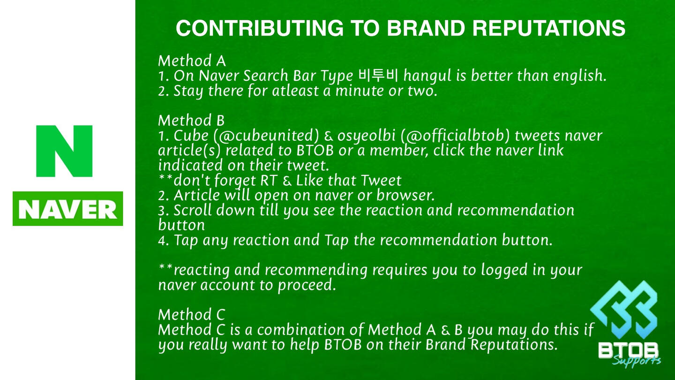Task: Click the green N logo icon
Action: point(64,151)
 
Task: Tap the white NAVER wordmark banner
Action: point(68,209)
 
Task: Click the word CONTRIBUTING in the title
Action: point(260,28)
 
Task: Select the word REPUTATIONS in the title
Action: point(549,28)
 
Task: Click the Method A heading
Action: point(192,61)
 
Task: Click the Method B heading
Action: point(191,120)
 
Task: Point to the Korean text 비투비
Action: point(378,75)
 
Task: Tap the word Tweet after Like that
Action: point(381,180)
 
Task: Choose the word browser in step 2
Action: point(405,195)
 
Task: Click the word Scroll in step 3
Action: point(192,210)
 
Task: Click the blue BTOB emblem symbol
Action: point(623,310)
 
